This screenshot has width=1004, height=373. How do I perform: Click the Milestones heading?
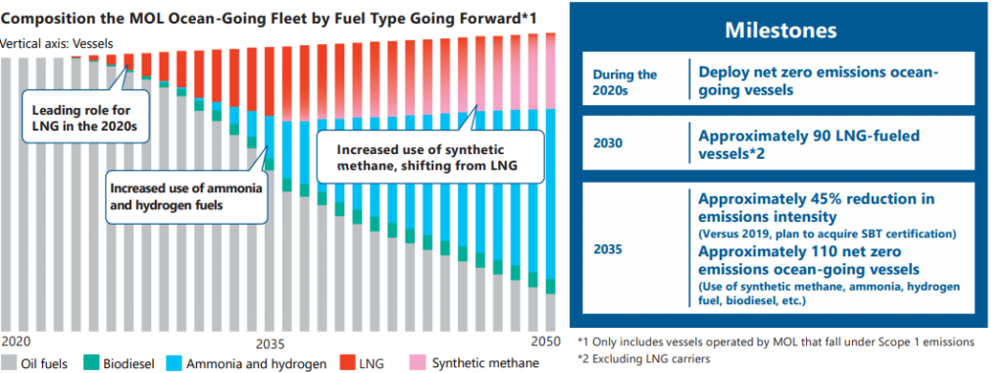pos(779,30)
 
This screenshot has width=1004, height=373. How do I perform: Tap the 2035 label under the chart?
pos(271,340)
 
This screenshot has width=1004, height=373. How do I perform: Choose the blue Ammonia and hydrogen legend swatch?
pos(173,364)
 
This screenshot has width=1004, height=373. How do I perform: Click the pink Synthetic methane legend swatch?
pos(416,364)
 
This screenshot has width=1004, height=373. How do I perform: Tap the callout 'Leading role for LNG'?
pos(85,116)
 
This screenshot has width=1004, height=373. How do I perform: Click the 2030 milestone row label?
pos(607,143)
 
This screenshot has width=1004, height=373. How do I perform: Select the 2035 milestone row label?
pos(607,249)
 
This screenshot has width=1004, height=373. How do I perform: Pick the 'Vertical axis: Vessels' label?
pos(56,44)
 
